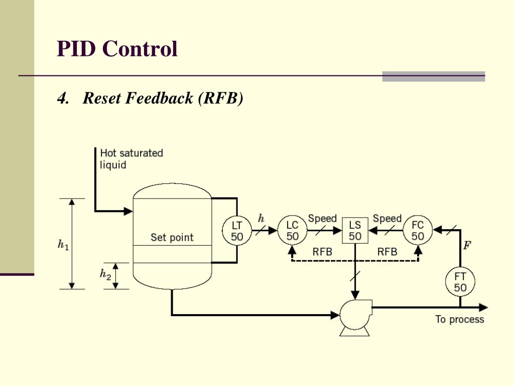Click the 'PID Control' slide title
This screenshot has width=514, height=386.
pyautogui.click(x=117, y=49)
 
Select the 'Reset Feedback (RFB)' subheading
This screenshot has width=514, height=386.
pyautogui.click(x=150, y=98)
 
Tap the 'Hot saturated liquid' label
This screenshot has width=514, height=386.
pyautogui.click(x=131, y=159)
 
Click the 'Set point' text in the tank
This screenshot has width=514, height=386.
pyautogui.click(x=172, y=237)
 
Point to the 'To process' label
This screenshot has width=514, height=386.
pyautogui.click(x=460, y=319)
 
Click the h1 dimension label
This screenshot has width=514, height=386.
pyautogui.click(x=63, y=245)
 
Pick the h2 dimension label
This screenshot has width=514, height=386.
pyautogui.click(x=105, y=274)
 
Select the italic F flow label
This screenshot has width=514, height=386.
pyautogui.click(x=467, y=245)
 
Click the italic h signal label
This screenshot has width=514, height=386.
pyautogui.click(x=261, y=218)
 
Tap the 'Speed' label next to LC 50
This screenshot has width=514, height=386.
pyautogui.click(x=322, y=219)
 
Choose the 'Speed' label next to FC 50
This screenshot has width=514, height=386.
pyautogui.click(x=387, y=219)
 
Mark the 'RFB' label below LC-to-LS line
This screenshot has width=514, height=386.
pyautogui.click(x=322, y=252)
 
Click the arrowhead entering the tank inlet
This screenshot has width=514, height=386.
pyautogui.click(x=128, y=211)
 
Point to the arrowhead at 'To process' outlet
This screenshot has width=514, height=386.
pyautogui.click(x=483, y=308)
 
